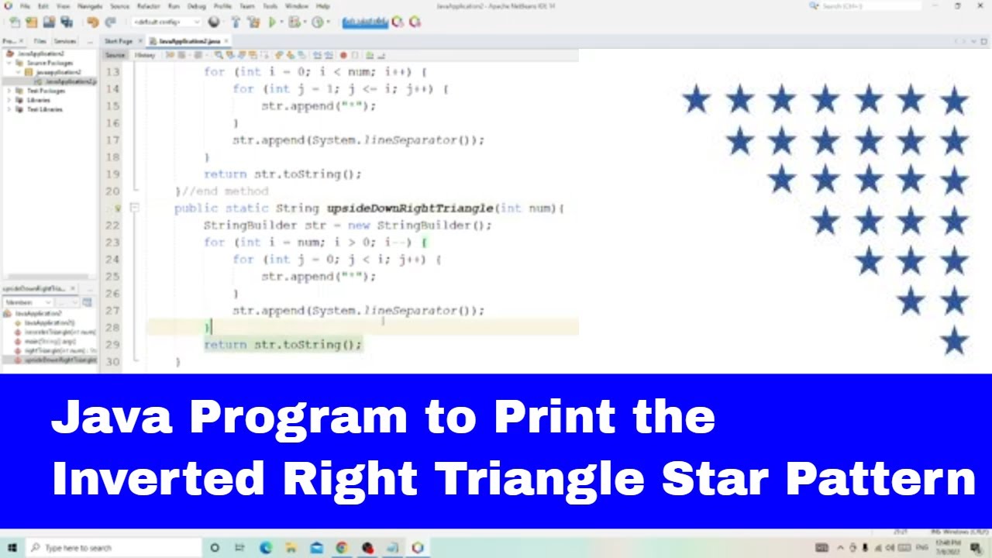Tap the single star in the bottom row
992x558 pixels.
click(x=954, y=341)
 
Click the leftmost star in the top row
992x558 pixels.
click(x=696, y=100)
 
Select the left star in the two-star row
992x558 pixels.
click(x=911, y=301)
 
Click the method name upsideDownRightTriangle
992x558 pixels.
click(x=409, y=208)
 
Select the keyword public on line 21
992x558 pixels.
click(x=195, y=208)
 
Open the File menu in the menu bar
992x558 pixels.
click(x=26, y=6)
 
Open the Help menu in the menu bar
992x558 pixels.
click(x=322, y=6)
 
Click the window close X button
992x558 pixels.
click(x=980, y=6)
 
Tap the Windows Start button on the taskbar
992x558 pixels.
click(x=12, y=548)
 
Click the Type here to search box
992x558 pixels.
click(x=112, y=548)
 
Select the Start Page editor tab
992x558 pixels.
click(x=119, y=41)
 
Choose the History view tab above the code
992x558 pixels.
click(x=145, y=56)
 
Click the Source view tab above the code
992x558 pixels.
click(x=115, y=56)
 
